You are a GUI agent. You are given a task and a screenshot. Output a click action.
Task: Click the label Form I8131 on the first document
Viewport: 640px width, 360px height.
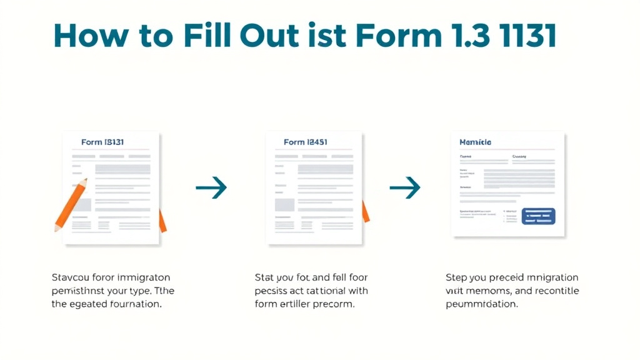click(102, 142)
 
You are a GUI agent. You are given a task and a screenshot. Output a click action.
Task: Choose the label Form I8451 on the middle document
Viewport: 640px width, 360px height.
click(306, 142)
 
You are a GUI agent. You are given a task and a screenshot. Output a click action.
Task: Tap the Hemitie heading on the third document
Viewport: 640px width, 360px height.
click(475, 142)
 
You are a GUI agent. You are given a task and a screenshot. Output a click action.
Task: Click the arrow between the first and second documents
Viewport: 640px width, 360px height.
click(211, 187)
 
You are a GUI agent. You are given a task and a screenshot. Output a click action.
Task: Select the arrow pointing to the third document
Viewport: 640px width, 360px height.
click(405, 187)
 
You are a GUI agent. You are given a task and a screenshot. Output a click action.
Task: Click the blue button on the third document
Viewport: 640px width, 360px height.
click(537, 216)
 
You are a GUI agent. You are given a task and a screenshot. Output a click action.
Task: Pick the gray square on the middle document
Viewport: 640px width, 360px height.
click(284, 204)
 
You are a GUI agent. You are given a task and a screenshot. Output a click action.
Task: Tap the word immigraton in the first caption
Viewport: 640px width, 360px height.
click(142, 277)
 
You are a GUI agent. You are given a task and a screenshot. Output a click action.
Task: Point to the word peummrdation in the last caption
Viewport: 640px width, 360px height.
click(481, 304)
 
